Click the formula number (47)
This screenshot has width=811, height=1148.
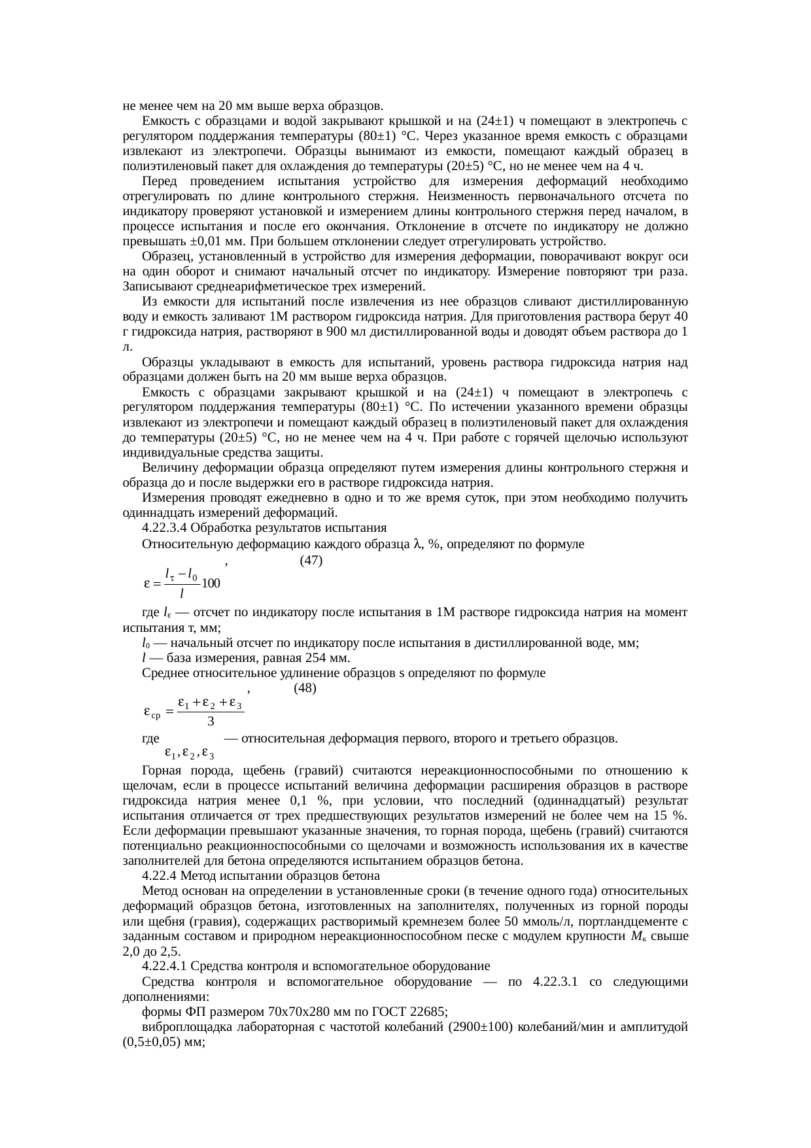pos(311,561)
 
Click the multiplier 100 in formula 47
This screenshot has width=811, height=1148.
pos(211,582)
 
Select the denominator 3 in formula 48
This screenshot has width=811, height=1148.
pos(211,722)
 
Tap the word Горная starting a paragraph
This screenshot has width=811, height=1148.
pos(161,770)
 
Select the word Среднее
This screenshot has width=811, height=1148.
pos(162,672)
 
